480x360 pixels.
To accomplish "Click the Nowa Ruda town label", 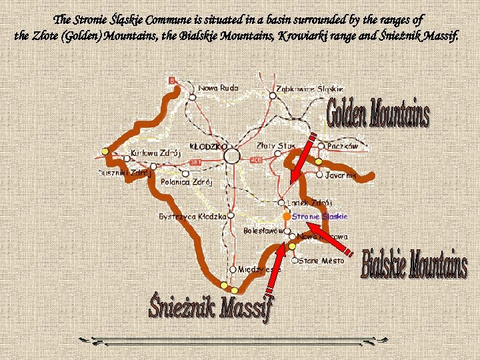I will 218,88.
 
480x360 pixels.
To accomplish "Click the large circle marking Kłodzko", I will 232,156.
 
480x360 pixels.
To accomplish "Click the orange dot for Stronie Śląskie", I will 286,217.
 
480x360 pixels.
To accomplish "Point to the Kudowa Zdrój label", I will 156,153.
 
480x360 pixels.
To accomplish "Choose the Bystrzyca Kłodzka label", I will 193,217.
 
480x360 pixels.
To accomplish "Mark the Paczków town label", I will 342,145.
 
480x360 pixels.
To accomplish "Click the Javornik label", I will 341,175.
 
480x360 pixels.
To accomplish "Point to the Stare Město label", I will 322,261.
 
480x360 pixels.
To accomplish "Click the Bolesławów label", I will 263,231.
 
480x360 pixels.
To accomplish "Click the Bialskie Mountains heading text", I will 414,264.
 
